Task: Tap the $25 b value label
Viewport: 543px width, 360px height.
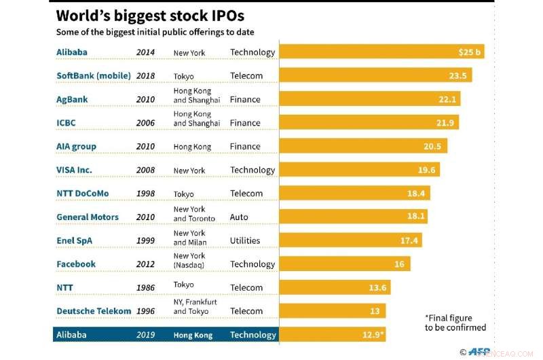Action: (x=470, y=52)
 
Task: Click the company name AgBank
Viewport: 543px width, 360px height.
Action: (x=72, y=99)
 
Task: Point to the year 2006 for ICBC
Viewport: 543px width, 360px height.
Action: (x=145, y=123)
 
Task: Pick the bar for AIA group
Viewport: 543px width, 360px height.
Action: (x=363, y=146)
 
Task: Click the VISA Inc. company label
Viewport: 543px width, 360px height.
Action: (x=83, y=170)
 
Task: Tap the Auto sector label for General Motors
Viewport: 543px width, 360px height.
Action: (x=239, y=217)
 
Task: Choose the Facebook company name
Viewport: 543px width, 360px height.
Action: (x=76, y=264)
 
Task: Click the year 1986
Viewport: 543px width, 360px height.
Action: (x=145, y=288)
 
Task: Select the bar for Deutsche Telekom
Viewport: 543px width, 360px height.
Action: (x=333, y=311)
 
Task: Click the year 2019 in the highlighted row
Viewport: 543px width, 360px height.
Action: (x=145, y=335)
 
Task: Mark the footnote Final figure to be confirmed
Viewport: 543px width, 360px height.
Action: (x=455, y=323)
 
